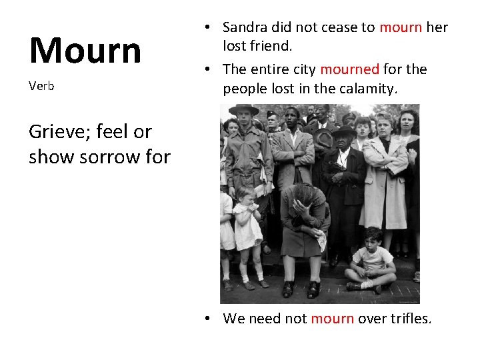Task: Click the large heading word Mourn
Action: tap(85, 50)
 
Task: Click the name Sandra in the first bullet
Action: tap(245, 27)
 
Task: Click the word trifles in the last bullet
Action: tap(408, 319)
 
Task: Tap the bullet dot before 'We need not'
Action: tap(209, 319)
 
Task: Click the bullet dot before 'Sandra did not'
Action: tap(209, 27)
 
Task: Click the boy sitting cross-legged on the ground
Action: tap(371, 260)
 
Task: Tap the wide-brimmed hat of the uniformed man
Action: tap(243, 109)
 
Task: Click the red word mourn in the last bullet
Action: tap(332, 319)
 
